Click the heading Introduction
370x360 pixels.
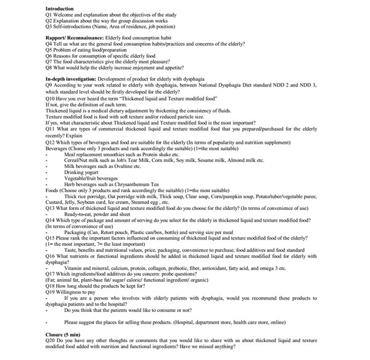tap(60, 9)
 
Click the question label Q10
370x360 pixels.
tap(51, 98)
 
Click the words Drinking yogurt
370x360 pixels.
tap(83, 172)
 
